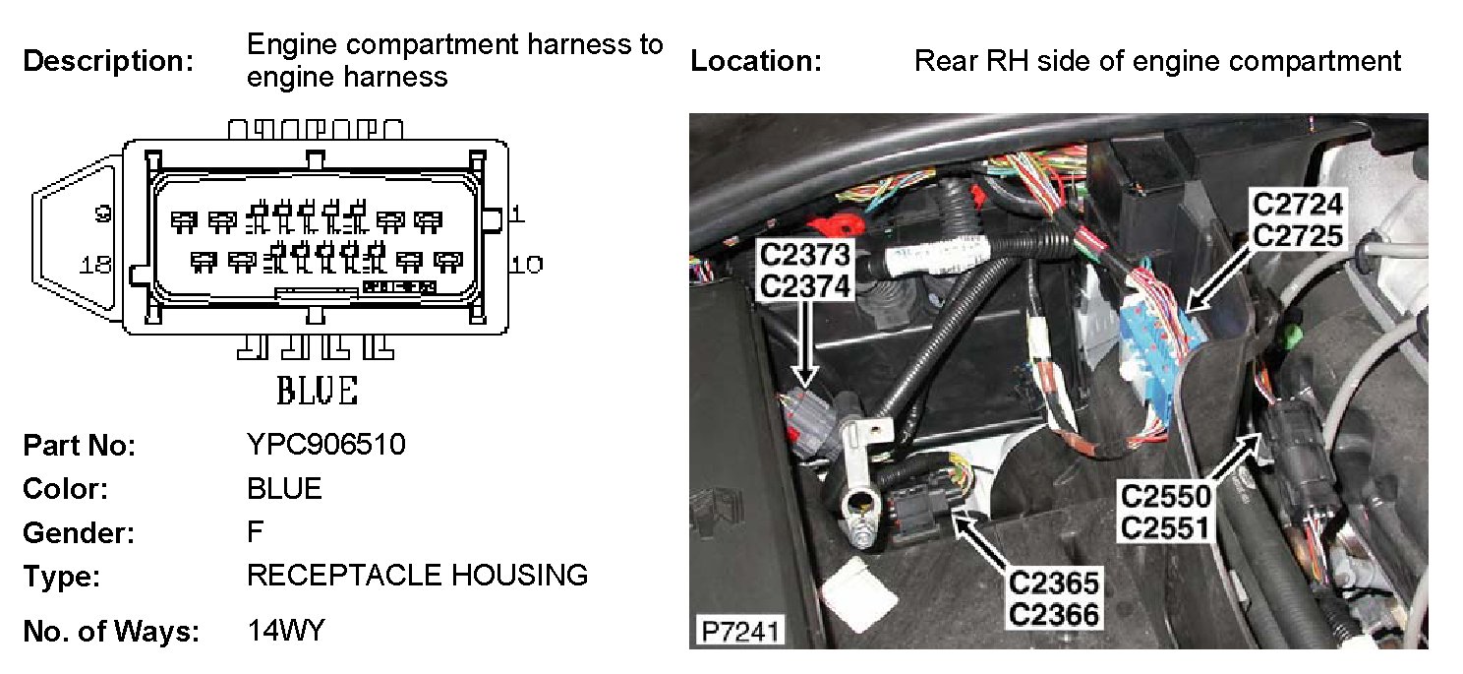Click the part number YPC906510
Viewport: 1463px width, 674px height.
(x=325, y=445)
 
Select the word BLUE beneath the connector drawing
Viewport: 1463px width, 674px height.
(x=317, y=391)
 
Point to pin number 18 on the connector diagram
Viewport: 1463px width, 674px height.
(x=97, y=264)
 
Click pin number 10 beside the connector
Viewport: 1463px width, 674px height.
(x=525, y=264)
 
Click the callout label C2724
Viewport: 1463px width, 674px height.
(x=1297, y=206)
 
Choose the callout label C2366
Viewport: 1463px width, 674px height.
(x=1053, y=614)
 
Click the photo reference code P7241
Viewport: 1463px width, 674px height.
(x=736, y=630)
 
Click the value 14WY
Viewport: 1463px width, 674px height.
(x=285, y=631)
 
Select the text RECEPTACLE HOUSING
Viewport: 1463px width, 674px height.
(x=417, y=575)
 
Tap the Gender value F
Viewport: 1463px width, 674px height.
(x=255, y=532)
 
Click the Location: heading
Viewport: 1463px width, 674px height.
(x=755, y=61)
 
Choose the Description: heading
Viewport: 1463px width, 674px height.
(x=108, y=61)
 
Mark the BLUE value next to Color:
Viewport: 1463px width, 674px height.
(x=284, y=488)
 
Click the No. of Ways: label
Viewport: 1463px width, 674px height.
(x=110, y=632)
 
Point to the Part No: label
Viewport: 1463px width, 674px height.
(x=79, y=446)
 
